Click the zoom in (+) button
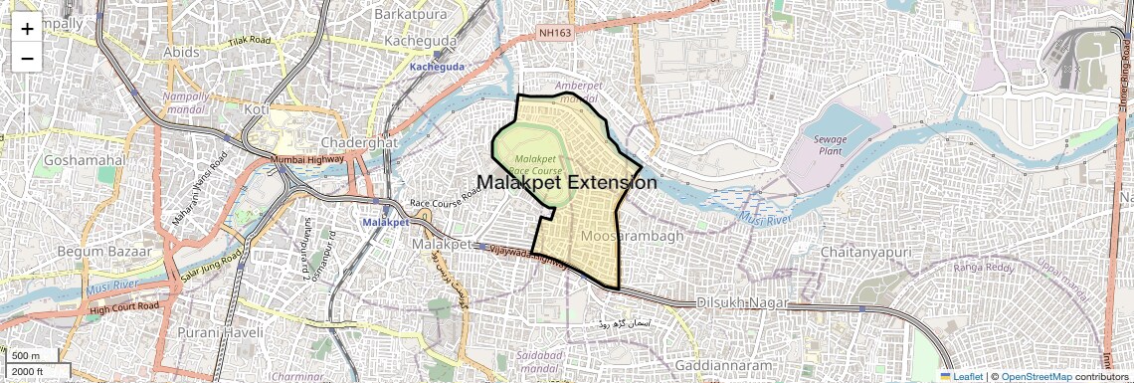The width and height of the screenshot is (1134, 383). pos(27,29)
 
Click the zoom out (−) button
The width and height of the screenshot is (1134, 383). pos(27,58)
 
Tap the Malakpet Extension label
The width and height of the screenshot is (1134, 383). pos(567,183)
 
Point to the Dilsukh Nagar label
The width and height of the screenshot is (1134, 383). pos(742,302)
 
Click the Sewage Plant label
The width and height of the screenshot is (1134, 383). pos(830,146)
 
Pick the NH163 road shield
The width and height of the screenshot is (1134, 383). pos(557,33)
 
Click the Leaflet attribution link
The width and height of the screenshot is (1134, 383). pos(961,377)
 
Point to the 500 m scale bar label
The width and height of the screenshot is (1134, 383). pos(26,356)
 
